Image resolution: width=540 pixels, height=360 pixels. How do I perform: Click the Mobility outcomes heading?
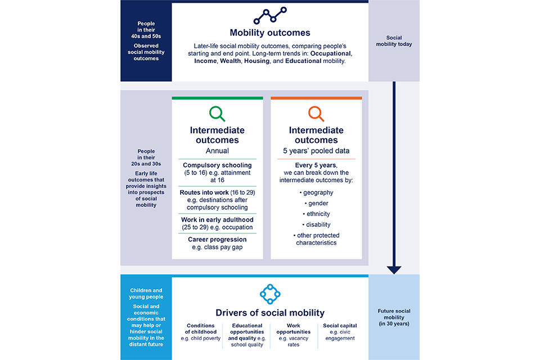270,33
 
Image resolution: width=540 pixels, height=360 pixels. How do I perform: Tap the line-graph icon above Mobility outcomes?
270,16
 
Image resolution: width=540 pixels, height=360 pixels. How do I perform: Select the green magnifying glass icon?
217,114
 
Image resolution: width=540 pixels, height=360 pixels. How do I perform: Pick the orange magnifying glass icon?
316,114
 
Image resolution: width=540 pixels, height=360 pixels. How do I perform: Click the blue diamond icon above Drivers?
270,294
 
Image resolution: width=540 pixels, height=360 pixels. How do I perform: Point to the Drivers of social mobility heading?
270,313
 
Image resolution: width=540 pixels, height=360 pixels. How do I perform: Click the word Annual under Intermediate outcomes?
217,151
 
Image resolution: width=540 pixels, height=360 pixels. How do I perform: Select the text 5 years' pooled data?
316,151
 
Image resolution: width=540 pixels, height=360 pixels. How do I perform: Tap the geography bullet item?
317,192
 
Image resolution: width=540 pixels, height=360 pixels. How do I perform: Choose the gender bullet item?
317,203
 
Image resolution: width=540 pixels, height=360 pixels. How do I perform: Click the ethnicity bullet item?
317,214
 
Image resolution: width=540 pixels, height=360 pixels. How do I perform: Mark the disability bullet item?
317,224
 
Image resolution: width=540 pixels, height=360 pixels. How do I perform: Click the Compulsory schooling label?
217,165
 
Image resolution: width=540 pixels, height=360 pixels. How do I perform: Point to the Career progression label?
217,240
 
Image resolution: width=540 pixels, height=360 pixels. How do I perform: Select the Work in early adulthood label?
217,220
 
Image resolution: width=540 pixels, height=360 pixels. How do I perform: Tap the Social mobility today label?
394,41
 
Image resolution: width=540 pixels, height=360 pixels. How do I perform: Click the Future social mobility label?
394,317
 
